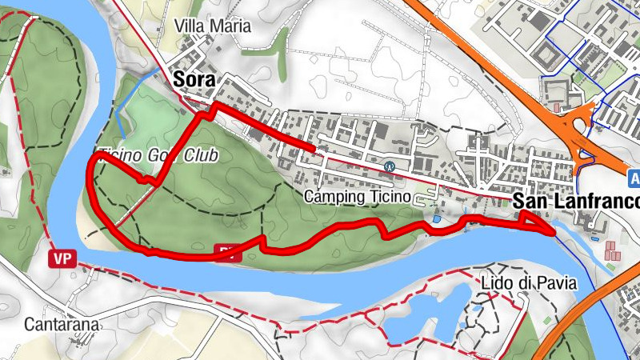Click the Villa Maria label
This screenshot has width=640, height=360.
coord(212,26)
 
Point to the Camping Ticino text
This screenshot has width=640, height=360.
coord(358,196)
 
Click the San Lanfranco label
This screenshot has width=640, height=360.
coord(575,201)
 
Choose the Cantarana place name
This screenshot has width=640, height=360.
coord(62,325)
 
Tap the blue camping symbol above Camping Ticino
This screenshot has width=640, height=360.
coord(390,167)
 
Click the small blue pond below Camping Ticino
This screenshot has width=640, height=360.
coord(437,218)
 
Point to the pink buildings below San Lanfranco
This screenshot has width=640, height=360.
coord(613,249)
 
